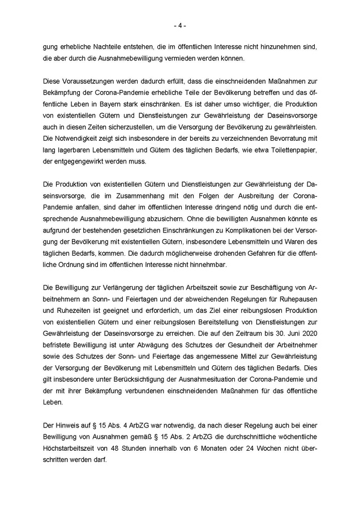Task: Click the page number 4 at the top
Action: click(x=179, y=25)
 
